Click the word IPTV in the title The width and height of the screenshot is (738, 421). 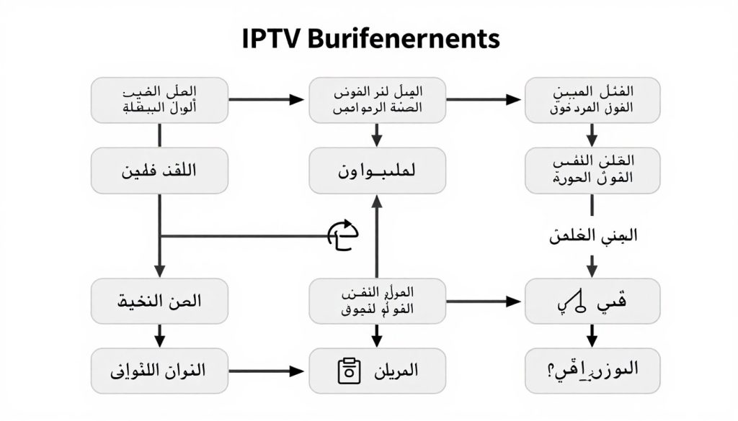click(x=270, y=39)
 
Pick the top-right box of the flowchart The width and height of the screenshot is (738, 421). click(x=592, y=100)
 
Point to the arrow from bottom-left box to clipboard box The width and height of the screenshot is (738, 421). click(x=267, y=371)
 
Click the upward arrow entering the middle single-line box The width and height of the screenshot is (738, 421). click(x=375, y=237)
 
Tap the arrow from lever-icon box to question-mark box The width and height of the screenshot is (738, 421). click(x=592, y=335)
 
